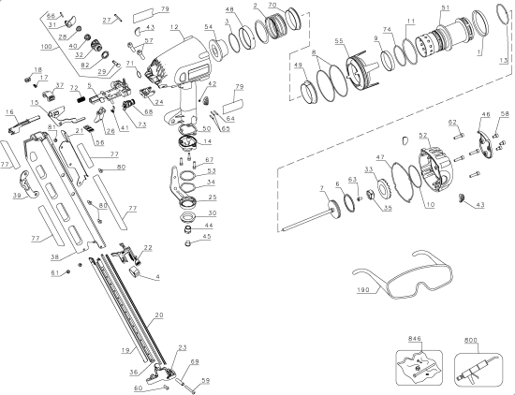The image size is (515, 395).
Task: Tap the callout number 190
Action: point(365,290)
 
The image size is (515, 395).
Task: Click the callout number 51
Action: point(445,8)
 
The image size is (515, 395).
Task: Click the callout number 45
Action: point(208,237)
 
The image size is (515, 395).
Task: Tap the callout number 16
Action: point(10,111)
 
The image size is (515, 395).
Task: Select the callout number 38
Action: point(53,256)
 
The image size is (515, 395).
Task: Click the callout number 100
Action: point(47,45)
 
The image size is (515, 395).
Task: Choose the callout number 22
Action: point(147,247)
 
